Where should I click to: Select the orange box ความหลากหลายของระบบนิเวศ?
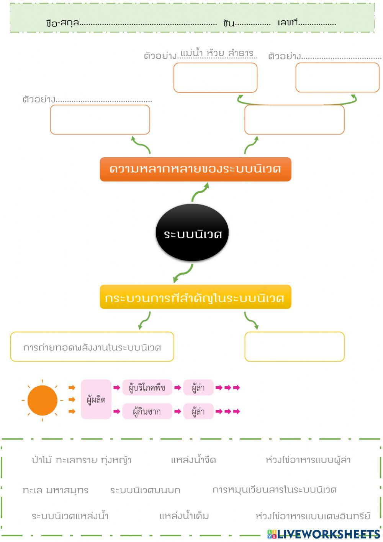pos(195,169)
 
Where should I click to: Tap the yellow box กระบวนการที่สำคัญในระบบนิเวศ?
pos(195,297)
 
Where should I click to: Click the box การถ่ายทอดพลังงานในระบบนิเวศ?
pos(92,347)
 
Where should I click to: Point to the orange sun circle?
pos(43,400)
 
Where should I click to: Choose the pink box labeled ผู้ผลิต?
pos(96,400)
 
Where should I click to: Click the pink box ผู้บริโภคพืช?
pos(147,388)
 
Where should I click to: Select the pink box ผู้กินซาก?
pos(147,412)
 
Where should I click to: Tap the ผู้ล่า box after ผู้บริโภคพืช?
pos(198,388)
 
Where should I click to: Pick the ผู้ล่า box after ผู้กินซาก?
pos(198,412)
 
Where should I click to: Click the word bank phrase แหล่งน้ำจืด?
pos(193,460)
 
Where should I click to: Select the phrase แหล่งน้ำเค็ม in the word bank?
pos(184,516)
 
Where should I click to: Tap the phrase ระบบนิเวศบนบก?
pos(145,490)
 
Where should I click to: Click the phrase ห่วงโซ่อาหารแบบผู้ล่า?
pos(308,460)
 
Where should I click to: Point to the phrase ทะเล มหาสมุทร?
pos(56,490)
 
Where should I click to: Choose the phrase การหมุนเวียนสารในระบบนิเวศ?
pos(275,490)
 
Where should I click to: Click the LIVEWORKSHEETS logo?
pos(324,534)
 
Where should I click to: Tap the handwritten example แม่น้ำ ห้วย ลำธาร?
pos(217,53)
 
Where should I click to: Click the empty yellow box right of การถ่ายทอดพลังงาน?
pos(294,347)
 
